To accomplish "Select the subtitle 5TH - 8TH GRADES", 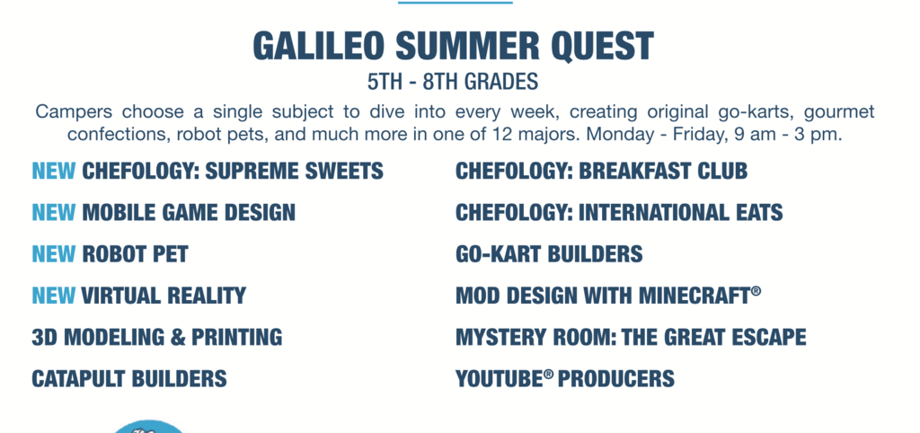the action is pos(453,82).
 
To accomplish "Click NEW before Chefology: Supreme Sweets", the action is pos(53,172).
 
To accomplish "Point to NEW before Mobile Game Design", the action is pos(53,212).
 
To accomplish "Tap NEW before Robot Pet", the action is pos(53,254).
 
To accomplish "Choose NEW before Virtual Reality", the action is pos(53,296).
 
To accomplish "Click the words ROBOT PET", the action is pos(135,254).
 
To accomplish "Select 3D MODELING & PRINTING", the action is pos(156,337).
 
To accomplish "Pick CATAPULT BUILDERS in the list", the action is pos(129,378).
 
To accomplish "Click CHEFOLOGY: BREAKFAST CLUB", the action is pos(601,172).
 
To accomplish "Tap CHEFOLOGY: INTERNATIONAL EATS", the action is pos(619,212).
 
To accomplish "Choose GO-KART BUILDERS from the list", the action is pos(549,254).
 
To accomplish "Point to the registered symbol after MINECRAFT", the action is pos(756,291).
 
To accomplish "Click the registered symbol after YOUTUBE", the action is pos(549,374).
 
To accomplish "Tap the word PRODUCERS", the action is pos(616,378).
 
